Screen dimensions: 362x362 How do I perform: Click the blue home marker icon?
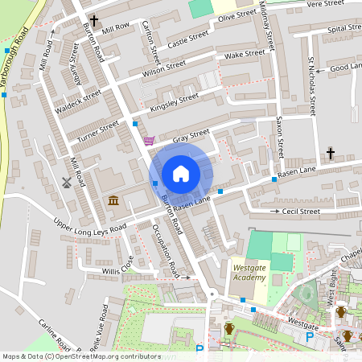pos(181,173)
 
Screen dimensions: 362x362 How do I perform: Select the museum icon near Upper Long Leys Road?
pos(112,200)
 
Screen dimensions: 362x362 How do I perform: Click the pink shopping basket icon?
pos(149,141)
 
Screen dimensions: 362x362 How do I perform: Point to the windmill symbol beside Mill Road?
pos(67,182)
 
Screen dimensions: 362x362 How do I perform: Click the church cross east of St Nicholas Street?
pos(330,153)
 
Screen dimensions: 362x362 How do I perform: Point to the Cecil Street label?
pos(301,212)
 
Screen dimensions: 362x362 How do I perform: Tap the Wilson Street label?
pos(163,69)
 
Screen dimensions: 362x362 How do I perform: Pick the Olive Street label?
pos(237,17)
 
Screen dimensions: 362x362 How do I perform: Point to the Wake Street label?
pos(245,55)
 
